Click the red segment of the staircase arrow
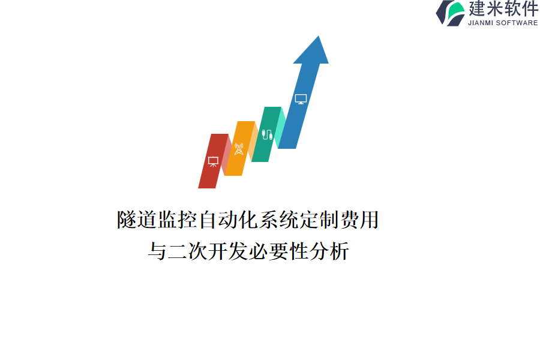coord(213,161)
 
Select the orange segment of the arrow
coord(239,148)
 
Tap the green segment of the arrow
coord(266,134)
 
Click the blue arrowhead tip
coord(319,36)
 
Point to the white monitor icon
coord(301,99)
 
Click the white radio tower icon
coord(239,149)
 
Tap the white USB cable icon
coord(267,134)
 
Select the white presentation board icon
coord(213,161)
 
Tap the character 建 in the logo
coord(477,8)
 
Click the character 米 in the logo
coord(494,8)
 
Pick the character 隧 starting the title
coord(127,220)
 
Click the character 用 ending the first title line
coord(369,220)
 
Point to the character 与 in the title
coord(157,251)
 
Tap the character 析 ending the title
coord(339,251)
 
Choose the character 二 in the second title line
coord(178,251)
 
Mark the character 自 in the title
coord(208,220)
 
